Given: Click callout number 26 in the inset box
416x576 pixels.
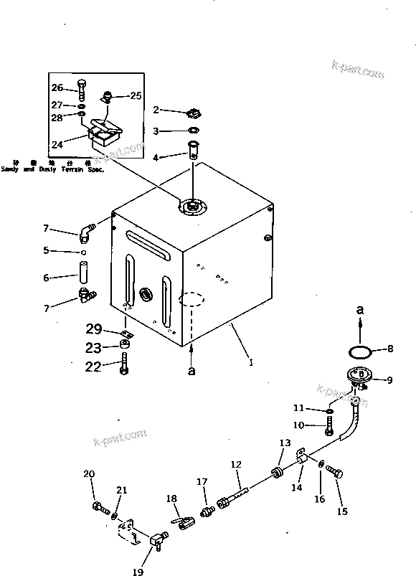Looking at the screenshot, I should point(57,88).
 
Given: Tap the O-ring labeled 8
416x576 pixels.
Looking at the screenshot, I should point(359,351).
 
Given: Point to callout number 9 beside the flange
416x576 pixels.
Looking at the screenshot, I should point(389,380).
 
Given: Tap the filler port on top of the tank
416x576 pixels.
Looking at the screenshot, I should point(192,207).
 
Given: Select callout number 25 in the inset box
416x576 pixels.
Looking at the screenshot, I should point(136,95).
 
